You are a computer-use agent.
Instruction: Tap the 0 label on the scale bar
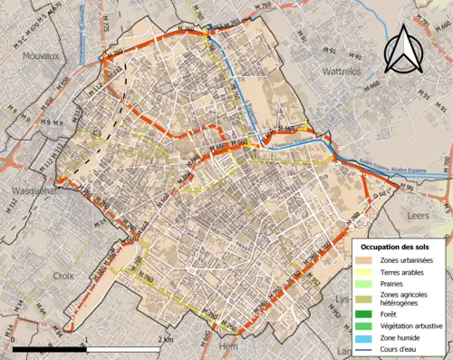[16, 339]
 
